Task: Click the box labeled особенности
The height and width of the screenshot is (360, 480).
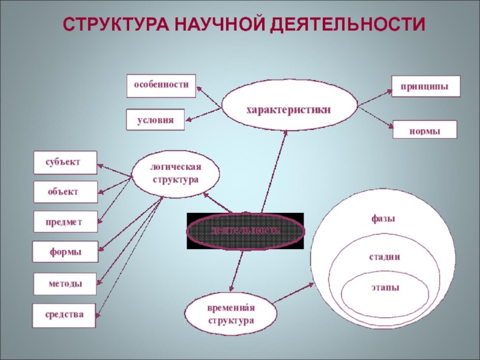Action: point(161,86)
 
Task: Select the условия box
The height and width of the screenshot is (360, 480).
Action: point(155,120)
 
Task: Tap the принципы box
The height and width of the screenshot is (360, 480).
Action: point(426,86)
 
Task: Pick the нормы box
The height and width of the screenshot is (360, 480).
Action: point(425,130)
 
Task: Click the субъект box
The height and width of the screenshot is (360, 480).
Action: point(65,161)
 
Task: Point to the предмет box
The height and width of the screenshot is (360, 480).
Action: point(65,222)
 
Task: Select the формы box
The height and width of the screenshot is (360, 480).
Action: point(65,253)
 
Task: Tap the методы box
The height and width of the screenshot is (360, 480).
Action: point(65,284)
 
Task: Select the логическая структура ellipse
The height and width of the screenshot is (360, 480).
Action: point(175,174)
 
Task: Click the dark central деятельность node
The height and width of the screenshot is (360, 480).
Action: point(245,230)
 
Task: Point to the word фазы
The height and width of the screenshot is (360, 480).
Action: point(383,218)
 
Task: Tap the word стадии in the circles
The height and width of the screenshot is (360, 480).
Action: point(384,257)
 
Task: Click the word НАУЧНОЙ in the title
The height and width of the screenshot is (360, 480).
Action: point(220,25)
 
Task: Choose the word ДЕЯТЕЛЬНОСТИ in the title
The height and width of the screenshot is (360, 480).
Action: point(347,25)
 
